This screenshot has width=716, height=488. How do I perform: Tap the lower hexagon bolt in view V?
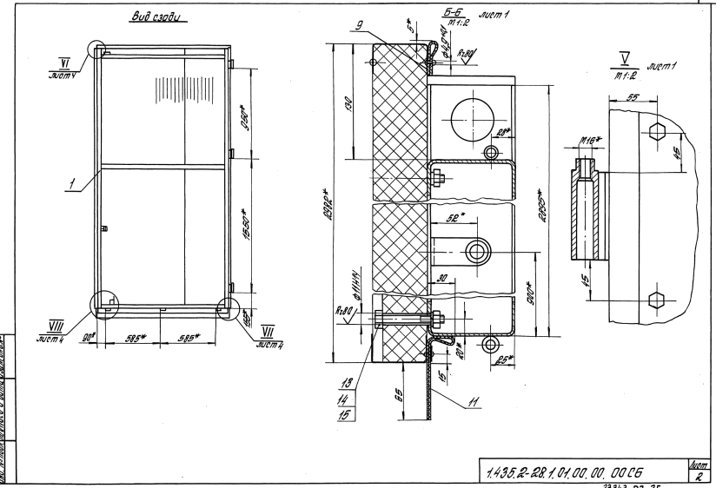(x=657, y=300)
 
